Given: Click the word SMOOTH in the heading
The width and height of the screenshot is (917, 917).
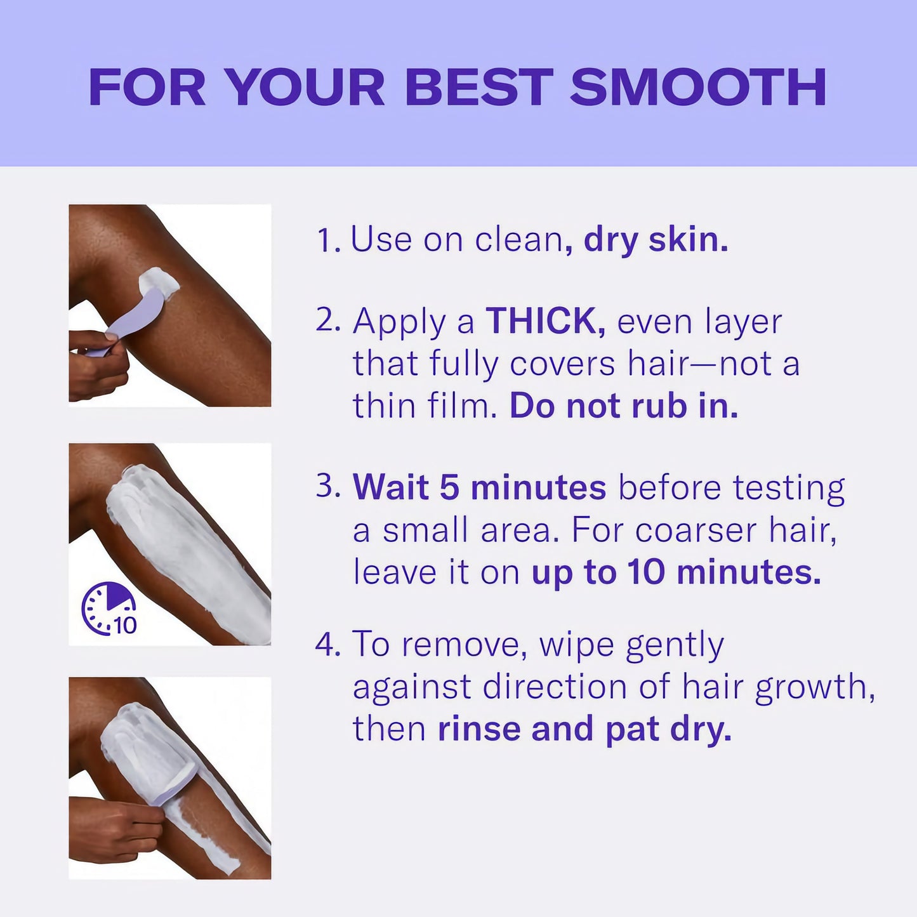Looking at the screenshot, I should click(698, 87).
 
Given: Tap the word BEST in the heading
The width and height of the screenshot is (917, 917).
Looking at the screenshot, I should click(479, 87).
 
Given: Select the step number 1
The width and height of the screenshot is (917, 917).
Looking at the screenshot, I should click(327, 241).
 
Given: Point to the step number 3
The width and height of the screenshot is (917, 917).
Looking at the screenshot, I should click(327, 487).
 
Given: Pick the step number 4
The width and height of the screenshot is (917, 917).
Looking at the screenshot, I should click(327, 644).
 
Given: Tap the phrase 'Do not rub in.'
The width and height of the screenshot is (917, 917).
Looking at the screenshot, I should click(624, 406).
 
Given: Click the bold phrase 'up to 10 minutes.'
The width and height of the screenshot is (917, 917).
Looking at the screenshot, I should click(676, 572).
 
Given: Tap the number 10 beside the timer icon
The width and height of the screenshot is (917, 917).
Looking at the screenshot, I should click(125, 626).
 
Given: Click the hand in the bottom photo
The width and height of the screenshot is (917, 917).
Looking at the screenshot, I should click(114, 831).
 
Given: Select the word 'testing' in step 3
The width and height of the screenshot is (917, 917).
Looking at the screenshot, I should click(789, 489).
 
